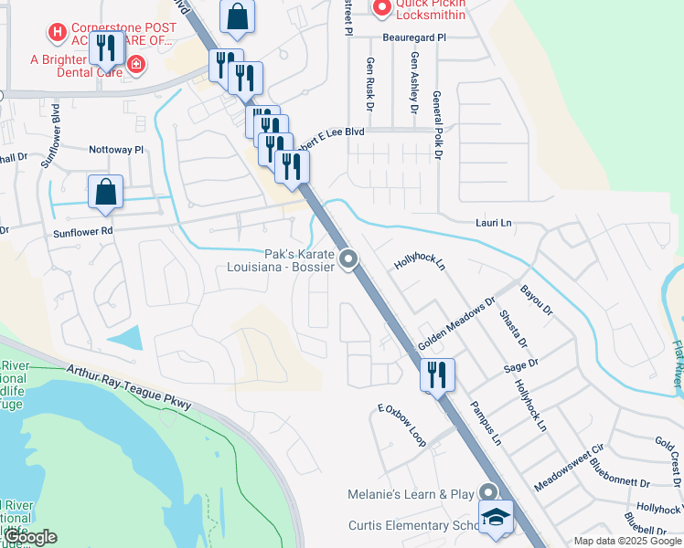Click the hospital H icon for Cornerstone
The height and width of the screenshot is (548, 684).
58,34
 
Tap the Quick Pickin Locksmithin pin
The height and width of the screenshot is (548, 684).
381,7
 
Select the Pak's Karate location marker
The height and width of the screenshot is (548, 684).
347,261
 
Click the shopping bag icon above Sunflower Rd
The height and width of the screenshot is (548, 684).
105,192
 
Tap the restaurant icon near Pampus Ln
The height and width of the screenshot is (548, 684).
437,374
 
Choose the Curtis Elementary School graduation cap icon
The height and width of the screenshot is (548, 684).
495,518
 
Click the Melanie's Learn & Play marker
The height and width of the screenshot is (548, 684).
489,494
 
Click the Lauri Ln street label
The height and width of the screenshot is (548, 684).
493,222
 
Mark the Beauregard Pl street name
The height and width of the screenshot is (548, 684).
415,37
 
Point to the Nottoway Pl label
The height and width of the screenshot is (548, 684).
116,149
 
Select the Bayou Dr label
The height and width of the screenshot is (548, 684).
537,300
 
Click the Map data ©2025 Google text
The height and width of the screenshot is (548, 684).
626,541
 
